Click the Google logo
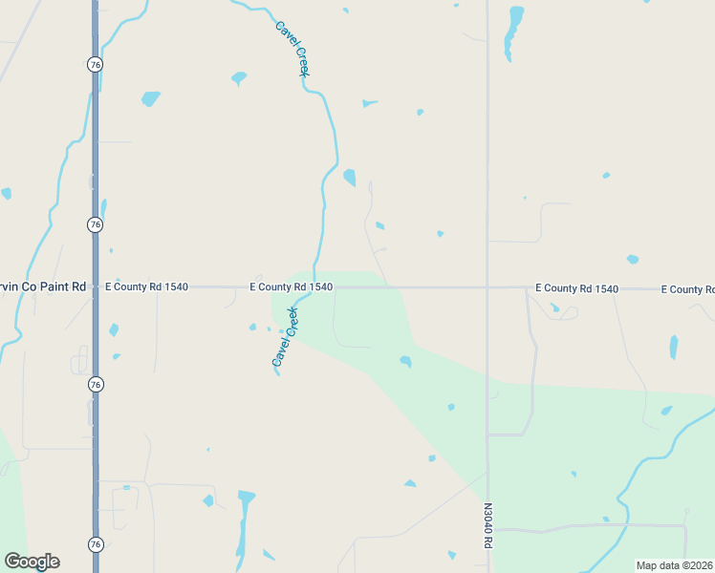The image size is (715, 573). (32, 562)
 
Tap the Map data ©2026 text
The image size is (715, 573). (674, 565)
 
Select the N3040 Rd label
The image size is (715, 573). (487, 525)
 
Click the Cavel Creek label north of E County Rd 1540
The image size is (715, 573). (294, 49)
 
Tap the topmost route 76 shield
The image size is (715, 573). (94, 64)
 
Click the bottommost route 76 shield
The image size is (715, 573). (94, 543)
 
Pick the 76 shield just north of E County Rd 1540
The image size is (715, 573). (94, 224)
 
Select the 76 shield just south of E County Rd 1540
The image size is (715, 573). (94, 384)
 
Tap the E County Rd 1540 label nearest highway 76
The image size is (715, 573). (146, 286)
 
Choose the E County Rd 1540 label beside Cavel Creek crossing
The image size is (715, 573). (291, 286)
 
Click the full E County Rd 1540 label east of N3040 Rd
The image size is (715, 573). (576, 287)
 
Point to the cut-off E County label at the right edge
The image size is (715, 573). (688, 288)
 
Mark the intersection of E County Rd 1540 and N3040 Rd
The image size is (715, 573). (487, 286)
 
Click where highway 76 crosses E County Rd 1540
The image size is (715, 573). (95, 286)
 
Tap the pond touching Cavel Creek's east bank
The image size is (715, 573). (350, 178)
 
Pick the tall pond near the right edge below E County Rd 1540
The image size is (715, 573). (674, 347)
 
